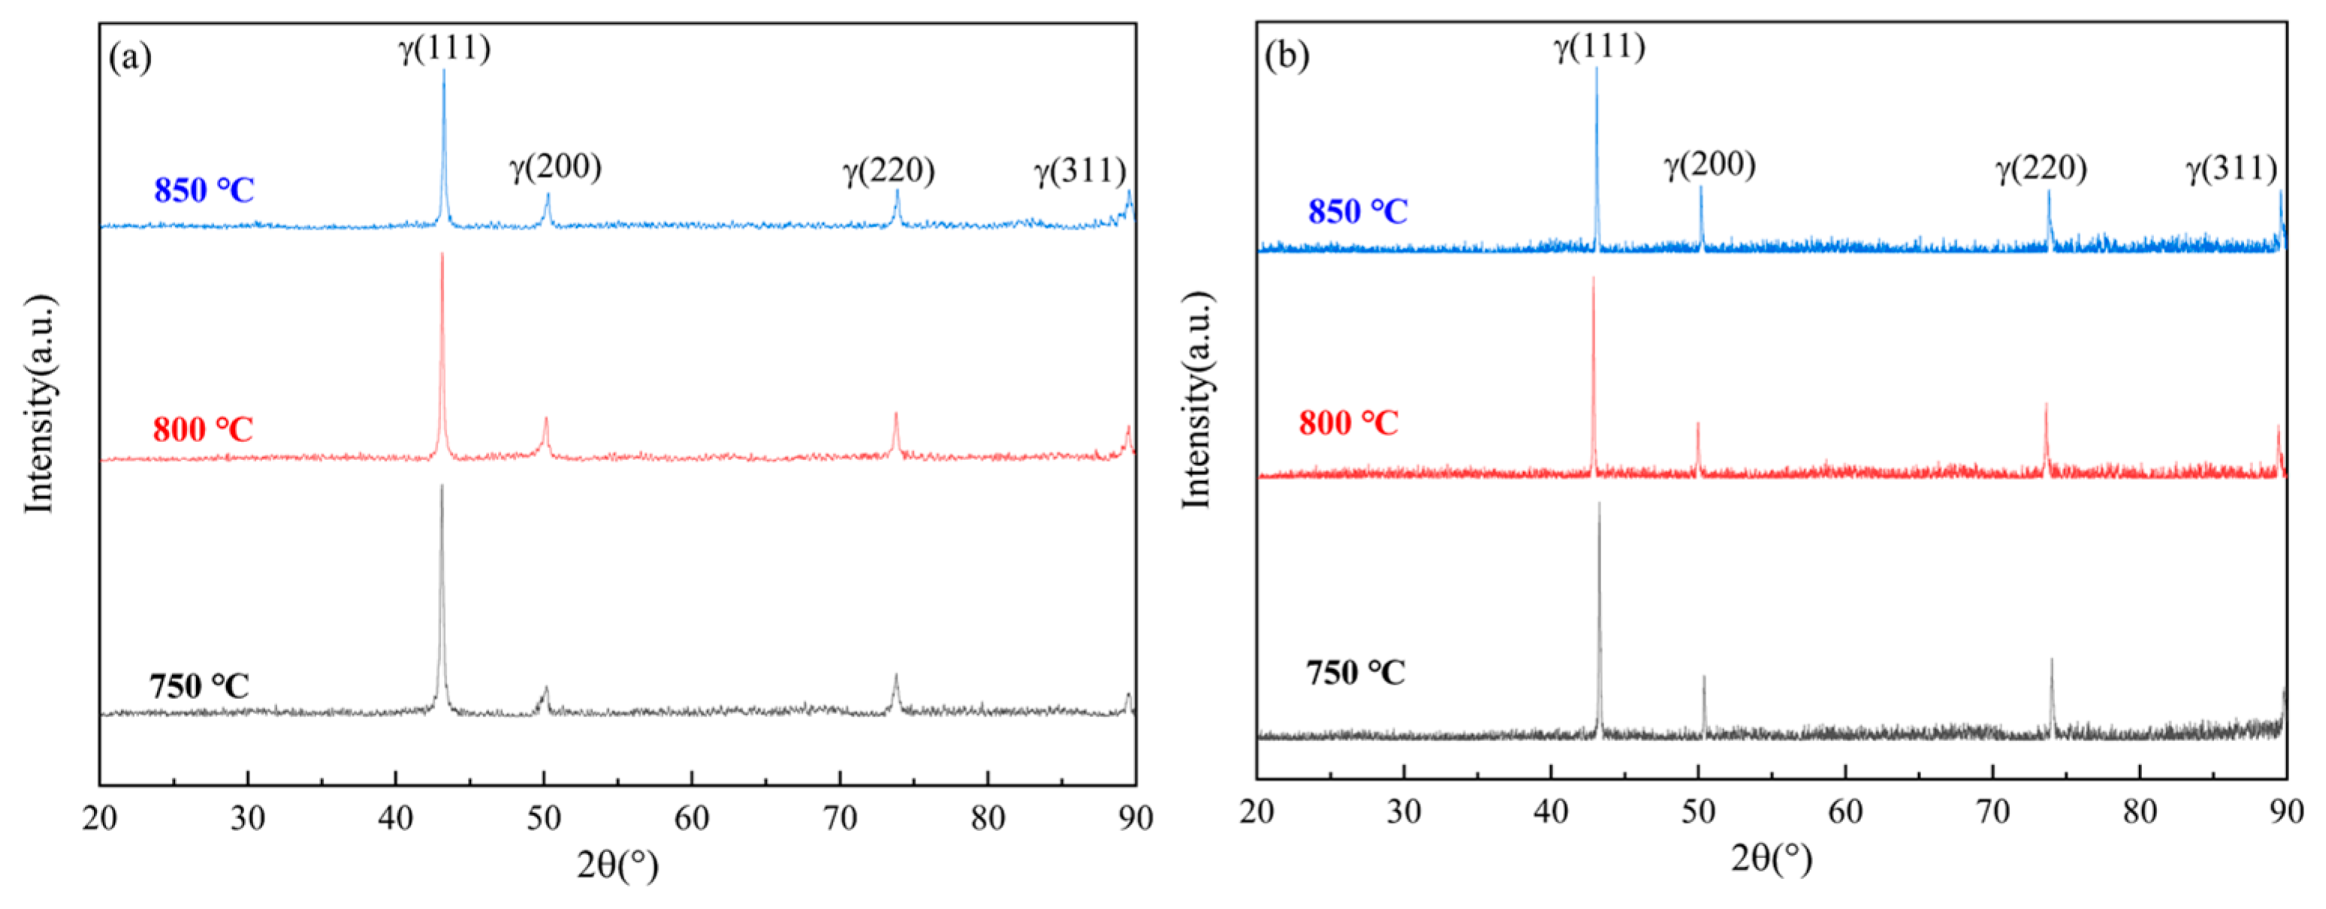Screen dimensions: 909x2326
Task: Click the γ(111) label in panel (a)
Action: pos(445,48)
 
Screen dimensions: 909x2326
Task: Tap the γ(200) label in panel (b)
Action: pos(1710,164)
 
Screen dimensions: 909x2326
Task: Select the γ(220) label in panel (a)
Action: pos(889,170)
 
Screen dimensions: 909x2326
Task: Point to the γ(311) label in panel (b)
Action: pos(2231,169)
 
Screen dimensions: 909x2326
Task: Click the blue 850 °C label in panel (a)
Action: pos(204,191)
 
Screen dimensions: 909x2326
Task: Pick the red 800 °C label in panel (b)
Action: pos(1348,423)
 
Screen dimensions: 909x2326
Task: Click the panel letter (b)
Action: pos(1287,56)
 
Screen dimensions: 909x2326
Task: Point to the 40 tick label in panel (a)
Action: pos(396,819)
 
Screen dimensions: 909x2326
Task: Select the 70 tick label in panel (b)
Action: pos(1993,811)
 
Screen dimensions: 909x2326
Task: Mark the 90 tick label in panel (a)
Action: pos(1135,819)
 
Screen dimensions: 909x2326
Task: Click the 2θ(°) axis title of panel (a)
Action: pos(617,866)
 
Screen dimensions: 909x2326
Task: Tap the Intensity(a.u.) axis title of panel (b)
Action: pos(1196,400)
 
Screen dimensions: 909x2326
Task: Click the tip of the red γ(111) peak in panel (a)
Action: pos(442,254)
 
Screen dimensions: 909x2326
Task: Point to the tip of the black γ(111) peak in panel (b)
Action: pos(1599,504)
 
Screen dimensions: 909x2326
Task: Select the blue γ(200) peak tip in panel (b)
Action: pos(1701,187)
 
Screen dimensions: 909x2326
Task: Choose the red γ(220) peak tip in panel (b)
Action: pos(2046,405)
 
